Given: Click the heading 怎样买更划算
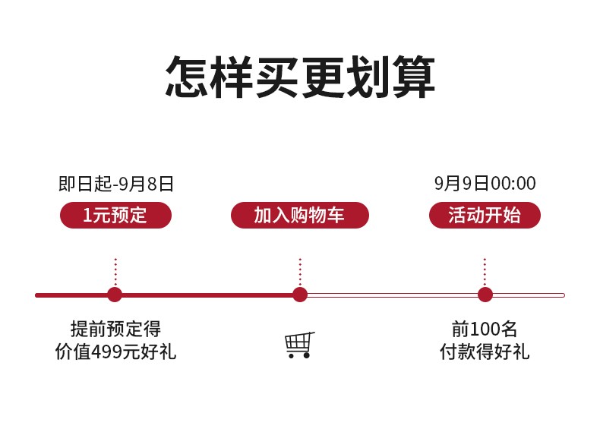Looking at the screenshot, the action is click(300, 77).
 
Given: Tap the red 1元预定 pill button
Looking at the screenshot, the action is click(115, 215).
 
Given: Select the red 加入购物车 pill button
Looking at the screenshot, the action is click(300, 215).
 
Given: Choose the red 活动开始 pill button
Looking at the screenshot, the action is click(485, 215).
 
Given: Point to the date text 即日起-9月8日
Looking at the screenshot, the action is click(116, 184).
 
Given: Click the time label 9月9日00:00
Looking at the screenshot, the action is click(485, 183).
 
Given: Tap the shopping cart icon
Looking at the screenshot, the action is click(299, 345).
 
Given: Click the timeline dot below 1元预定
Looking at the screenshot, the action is click(115, 295).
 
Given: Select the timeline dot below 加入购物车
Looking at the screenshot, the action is click(300, 295).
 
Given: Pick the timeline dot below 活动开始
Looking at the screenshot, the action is click(485, 295).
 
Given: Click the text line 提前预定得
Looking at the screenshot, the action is click(115, 329).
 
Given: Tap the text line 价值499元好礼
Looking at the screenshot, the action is click(115, 352).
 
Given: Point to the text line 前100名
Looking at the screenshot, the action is click(485, 329).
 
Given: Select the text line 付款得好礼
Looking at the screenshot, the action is click(485, 352).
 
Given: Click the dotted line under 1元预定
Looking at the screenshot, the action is click(115, 273).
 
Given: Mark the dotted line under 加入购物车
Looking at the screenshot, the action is click(300, 273).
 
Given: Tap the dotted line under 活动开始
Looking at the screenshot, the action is click(485, 273).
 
